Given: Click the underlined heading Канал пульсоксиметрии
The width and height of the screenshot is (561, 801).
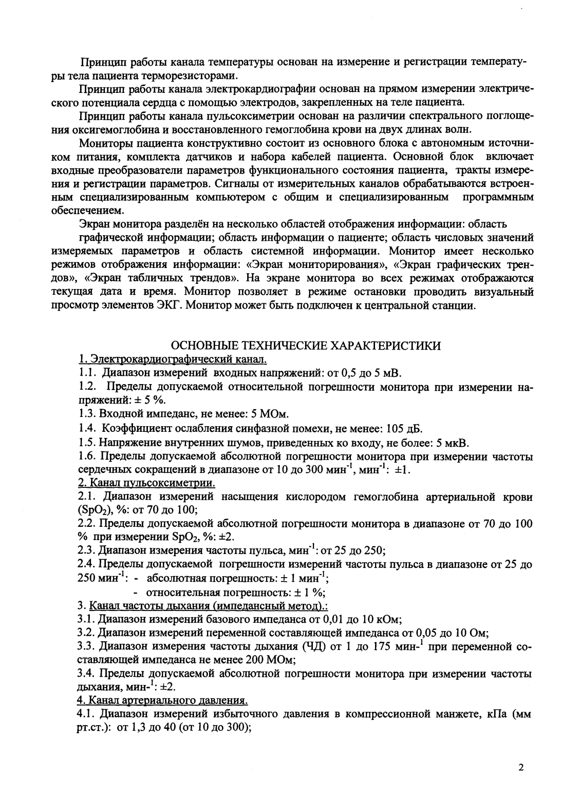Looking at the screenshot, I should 146,483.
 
